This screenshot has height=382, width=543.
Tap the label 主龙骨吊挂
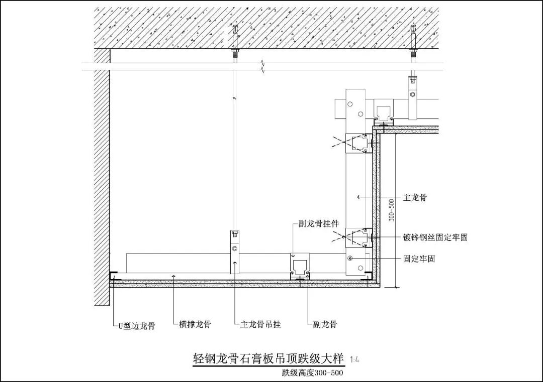pyautogui.click(x=257, y=324)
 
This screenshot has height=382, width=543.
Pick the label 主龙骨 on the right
pyautogui.click(x=415, y=198)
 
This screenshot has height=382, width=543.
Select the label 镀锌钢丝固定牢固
pyautogui.click(x=435, y=237)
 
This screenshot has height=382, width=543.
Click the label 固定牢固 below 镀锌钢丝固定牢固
pyautogui.click(x=419, y=259)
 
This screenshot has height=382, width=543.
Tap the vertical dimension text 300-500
pyautogui.click(x=392, y=209)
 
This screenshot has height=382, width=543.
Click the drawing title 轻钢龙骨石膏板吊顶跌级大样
pyautogui.click(x=268, y=358)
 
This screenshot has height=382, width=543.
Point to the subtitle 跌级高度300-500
pyautogui.click(x=313, y=372)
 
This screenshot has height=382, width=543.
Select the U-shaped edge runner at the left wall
pyautogui.click(x=114, y=276)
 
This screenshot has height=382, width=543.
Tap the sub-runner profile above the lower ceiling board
pyautogui.click(x=300, y=267)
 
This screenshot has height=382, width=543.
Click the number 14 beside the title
pyautogui.click(x=354, y=359)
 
